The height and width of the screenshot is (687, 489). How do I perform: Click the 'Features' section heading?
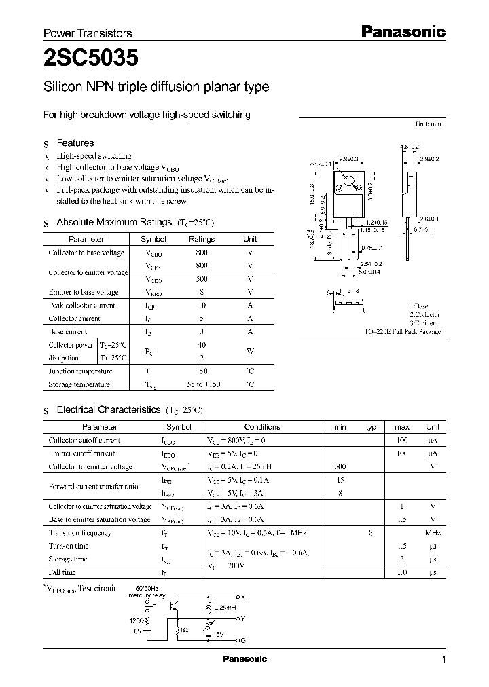click(x=75, y=143)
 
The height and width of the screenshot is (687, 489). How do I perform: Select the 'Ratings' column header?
click(x=202, y=239)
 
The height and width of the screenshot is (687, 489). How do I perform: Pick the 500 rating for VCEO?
click(x=202, y=279)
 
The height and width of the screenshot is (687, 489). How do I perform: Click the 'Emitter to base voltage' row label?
click(x=84, y=292)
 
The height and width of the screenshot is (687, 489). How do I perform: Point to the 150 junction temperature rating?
click(x=202, y=371)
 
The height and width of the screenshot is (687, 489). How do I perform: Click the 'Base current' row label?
click(x=68, y=332)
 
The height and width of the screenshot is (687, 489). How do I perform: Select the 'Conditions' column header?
click(x=262, y=427)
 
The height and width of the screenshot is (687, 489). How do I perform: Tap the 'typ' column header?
click(x=371, y=427)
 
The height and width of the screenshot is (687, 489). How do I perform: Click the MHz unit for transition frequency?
click(x=433, y=533)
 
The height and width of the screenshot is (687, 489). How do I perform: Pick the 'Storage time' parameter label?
click(x=69, y=559)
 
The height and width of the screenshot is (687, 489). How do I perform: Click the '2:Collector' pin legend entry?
click(x=424, y=315)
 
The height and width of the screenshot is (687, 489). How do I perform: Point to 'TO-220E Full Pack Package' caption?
click(x=402, y=332)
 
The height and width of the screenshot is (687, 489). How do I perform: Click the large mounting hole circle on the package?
click(x=350, y=182)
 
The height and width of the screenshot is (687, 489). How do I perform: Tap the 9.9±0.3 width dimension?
click(x=348, y=158)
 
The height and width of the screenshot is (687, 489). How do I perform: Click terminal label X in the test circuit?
click(x=243, y=597)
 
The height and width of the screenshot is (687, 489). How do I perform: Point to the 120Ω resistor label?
click(x=137, y=620)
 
